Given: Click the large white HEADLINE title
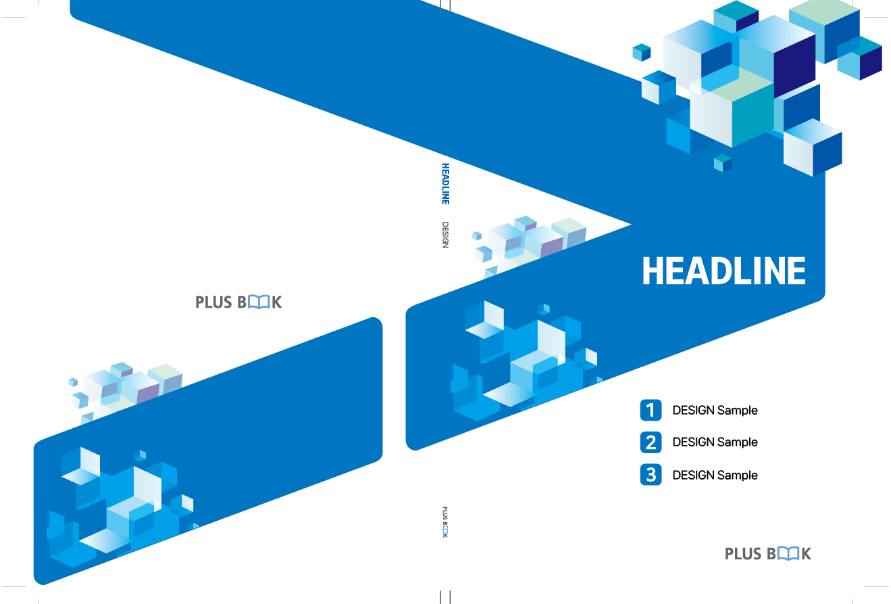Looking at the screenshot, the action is pyautogui.click(x=724, y=271).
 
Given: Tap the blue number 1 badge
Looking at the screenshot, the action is pyautogui.click(x=651, y=410).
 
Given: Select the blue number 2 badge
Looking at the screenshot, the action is pyautogui.click(x=651, y=442).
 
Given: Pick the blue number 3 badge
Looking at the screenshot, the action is pyautogui.click(x=651, y=475).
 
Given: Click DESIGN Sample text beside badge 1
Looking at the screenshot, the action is pyautogui.click(x=715, y=410).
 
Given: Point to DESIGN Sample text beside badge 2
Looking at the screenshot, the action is pyautogui.click(x=715, y=442).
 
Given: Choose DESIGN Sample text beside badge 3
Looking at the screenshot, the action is pyautogui.click(x=715, y=475).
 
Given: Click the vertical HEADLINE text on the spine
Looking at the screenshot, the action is pyautogui.click(x=446, y=184).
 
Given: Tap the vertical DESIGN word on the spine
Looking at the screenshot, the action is pyautogui.click(x=446, y=235).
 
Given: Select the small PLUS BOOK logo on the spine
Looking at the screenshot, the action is pyautogui.click(x=445, y=522).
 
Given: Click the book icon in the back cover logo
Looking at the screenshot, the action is pyautogui.click(x=259, y=302).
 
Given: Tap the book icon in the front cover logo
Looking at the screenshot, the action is pyautogui.click(x=788, y=554).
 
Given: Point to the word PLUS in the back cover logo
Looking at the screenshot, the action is pyautogui.click(x=213, y=302).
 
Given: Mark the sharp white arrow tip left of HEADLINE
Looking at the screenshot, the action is pyautogui.click(x=631, y=225).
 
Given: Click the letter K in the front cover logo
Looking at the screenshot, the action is pyautogui.click(x=806, y=554).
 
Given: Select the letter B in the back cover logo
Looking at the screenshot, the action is pyautogui.click(x=243, y=302).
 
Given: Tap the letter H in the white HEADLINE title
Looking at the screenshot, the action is pyautogui.click(x=653, y=271).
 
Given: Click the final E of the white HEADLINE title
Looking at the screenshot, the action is pyautogui.click(x=796, y=271).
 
